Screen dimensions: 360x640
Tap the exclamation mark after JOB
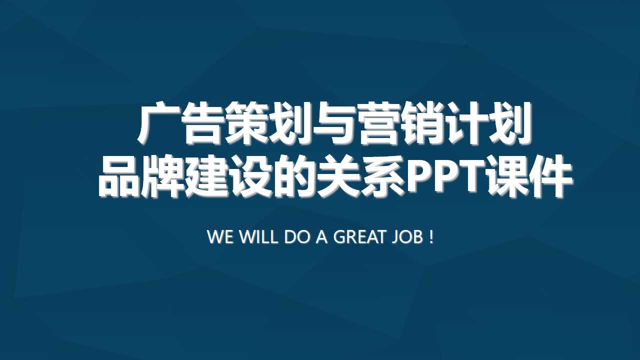pyautogui.click(x=431, y=237)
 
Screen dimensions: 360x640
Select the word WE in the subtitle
pyautogui.click(x=220, y=237)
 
